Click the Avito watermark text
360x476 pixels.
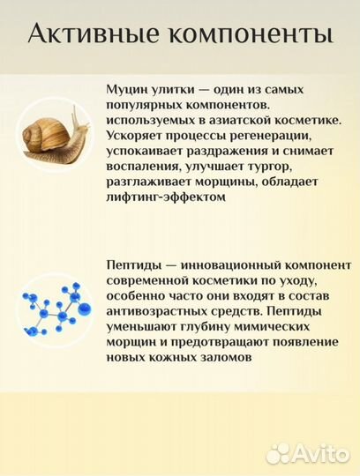click(x=320, y=453)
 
